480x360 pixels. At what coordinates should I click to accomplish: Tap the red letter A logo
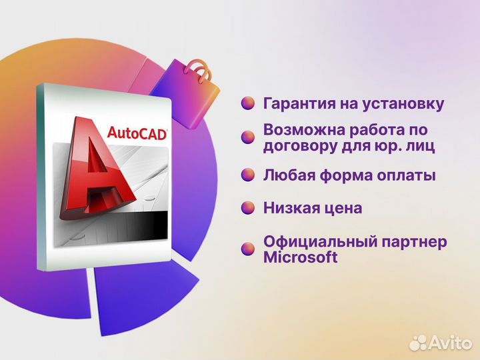(x=97, y=170)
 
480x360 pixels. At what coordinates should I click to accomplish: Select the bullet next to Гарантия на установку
(x=248, y=104)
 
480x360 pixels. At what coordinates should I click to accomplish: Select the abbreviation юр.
(x=386, y=145)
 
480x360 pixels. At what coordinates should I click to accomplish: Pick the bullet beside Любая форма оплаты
(x=248, y=175)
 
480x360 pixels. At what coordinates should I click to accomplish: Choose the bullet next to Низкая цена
(x=248, y=208)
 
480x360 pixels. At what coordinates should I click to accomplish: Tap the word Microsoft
(x=301, y=257)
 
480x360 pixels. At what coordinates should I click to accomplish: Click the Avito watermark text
(x=449, y=342)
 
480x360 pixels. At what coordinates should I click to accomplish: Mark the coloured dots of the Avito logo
(x=418, y=342)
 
